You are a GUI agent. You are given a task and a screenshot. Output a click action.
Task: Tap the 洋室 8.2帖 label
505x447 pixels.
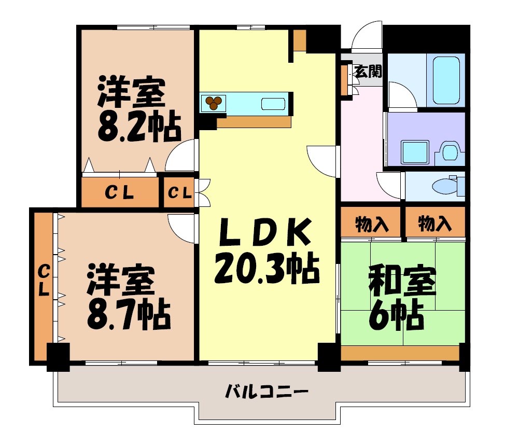coord(139,108)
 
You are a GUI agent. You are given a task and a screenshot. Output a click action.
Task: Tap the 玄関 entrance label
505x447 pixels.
coord(368,71)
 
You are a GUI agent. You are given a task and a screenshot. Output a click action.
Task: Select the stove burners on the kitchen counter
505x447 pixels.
coord(213,103)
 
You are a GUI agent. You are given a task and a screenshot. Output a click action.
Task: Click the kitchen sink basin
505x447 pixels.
coord(273,103)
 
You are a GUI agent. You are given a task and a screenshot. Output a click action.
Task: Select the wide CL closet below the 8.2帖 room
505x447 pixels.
coord(120,193)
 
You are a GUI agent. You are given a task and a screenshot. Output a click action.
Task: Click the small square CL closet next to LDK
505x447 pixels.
coord(179,193)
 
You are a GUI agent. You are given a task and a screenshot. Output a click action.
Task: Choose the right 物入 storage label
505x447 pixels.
coord(434,225)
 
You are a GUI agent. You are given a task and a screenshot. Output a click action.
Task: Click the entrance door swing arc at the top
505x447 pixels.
coord(367,35)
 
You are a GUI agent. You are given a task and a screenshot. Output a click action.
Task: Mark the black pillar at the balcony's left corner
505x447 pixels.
coord(58,356)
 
